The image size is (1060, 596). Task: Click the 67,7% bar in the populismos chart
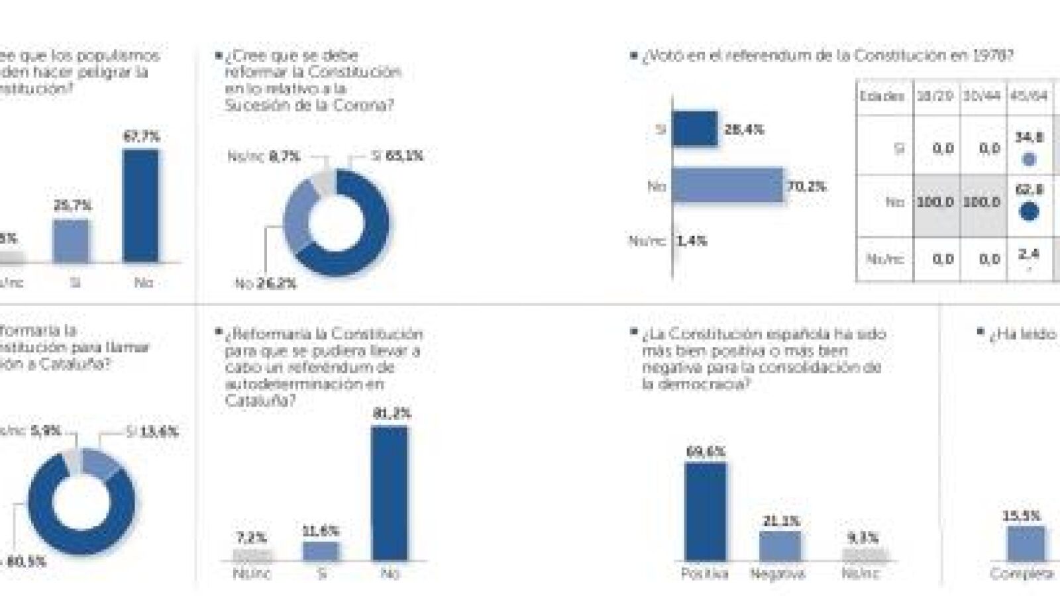(x=140, y=205)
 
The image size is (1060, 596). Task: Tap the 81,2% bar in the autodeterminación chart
(x=390, y=493)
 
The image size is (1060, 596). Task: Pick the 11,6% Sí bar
(x=321, y=551)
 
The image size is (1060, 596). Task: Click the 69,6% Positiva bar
(x=705, y=511)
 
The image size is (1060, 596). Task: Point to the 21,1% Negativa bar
(x=780, y=546)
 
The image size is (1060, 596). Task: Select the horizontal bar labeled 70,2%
(x=727, y=185)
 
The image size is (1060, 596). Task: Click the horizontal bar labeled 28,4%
(x=694, y=128)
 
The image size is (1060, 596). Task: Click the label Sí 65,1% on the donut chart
(x=397, y=156)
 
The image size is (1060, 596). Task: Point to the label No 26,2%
(x=266, y=284)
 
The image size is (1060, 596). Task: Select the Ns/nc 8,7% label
(x=264, y=157)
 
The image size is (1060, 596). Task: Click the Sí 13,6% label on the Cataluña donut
(x=152, y=432)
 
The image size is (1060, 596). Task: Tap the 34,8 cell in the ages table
(x=1028, y=138)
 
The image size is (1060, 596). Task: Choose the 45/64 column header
(x=1028, y=96)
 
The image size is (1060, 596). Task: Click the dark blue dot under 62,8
(x=1028, y=212)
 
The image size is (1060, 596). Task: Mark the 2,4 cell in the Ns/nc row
(x=1028, y=254)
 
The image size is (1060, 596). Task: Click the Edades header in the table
(x=882, y=96)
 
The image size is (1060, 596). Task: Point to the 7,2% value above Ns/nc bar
(x=252, y=538)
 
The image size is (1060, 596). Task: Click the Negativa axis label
(x=778, y=573)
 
